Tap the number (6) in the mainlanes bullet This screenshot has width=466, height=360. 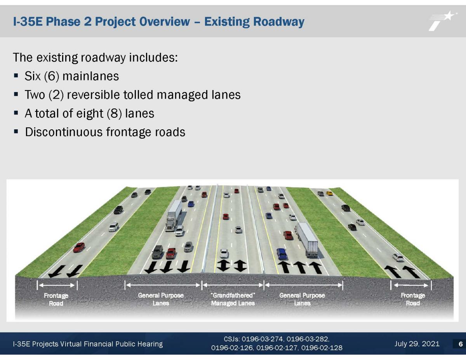click(x=52, y=76)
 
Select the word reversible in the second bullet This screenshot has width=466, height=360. click(x=94, y=95)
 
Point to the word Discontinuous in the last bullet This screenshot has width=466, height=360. click(x=64, y=132)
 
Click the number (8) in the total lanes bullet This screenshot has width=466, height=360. click(x=114, y=113)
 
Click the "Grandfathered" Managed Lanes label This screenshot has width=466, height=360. click(x=233, y=299)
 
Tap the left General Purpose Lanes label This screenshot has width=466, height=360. click(x=161, y=299)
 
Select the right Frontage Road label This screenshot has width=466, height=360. click(x=413, y=299)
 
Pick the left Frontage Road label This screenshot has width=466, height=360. click(x=56, y=299)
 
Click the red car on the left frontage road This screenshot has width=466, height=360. click(x=79, y=247)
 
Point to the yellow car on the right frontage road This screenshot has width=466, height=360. click(x=329, y=193)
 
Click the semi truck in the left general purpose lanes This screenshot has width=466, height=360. click(x=174, y=216)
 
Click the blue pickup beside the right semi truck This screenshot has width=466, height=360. click(x=282, y=254)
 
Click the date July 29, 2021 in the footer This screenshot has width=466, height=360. click(x=417, y=344)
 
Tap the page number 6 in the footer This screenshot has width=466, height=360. click(x=461, y=344)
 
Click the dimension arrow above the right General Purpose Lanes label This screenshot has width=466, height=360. click(x=303, y=285)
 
